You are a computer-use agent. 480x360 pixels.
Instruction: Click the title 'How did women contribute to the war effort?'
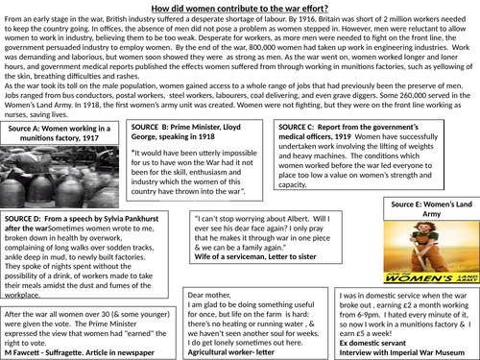(x=240, y=8)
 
